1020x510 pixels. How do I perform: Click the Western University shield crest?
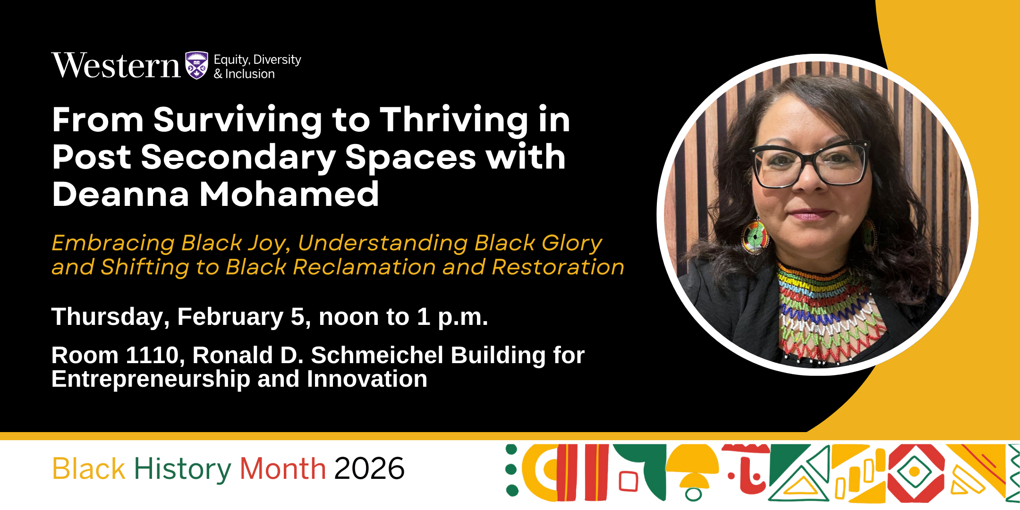click(196, 65)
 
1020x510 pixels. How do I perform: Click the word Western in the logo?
click(116, 66)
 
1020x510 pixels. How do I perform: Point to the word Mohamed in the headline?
click(289, 194)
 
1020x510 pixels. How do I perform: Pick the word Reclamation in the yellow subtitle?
click(364, 267)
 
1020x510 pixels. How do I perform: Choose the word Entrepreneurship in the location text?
click(151, 379)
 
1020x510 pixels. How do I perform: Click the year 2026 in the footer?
click(369, 469)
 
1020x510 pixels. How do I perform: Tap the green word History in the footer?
click(182, 469)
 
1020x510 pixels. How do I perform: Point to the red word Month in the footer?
click(282, 469)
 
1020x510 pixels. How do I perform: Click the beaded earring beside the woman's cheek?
click(755, 236)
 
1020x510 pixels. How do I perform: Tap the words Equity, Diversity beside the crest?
click(257, 59)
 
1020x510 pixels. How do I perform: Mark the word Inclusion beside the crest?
click(250, 74)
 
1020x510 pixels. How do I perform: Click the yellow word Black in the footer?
click(89, 469)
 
